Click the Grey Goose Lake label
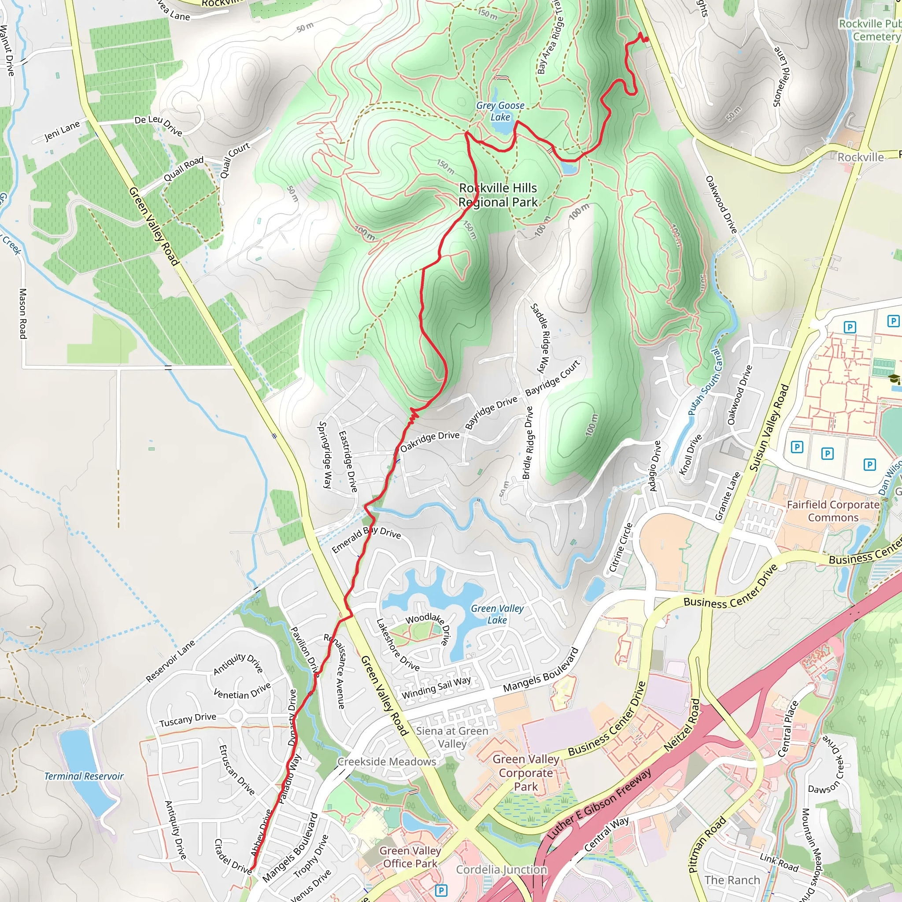click(500, 111)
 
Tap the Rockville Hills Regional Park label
click(498, 195)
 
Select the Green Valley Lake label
click(497, 614)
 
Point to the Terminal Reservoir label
click(84, 776)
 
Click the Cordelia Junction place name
click(501, 869)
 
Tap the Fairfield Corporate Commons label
click(833, 511)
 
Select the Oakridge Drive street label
click(429, 441)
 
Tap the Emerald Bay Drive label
click(366, 539)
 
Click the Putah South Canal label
click(705, 382)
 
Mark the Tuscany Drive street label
click(188, 720)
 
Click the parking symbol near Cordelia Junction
click(441, 890)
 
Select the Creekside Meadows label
click(387, 762)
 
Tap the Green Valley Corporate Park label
click(526, 773)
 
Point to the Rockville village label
click(860, 157)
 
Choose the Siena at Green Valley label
click(451, 737)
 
